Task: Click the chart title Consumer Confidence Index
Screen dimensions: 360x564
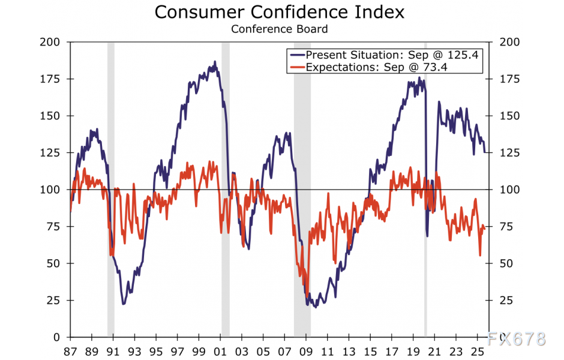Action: [280, 11]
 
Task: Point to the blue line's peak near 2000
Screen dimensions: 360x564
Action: [215, 62]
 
